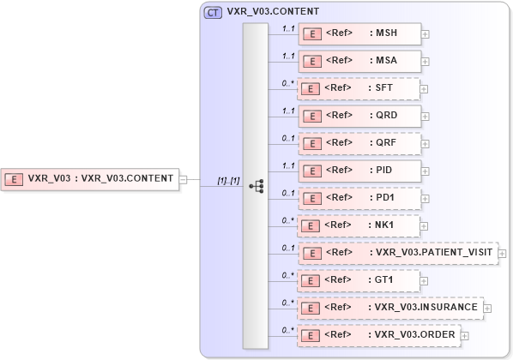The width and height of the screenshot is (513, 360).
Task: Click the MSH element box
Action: (x=359, y=33)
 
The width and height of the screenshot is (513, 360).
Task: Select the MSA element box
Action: (x=359, y=61)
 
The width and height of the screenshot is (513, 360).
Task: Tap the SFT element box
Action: (x=359, y=88)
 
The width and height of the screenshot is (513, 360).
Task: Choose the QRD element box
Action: (x=359, y=116)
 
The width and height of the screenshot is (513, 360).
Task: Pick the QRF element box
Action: (x=359, y=143)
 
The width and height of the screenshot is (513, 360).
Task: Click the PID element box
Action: (x=359, y=171)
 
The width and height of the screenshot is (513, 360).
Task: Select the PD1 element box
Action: (x=359, y=198)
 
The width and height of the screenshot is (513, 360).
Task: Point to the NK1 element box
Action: (x=359, y=225)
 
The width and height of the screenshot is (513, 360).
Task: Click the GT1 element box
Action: (x=359, y=280)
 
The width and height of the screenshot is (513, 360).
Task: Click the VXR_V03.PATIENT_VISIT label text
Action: (x=434, y=252)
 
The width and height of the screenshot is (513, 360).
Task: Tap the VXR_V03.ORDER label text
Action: (x=413, y=334)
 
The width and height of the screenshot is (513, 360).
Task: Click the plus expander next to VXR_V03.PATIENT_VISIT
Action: (x=503, y=254)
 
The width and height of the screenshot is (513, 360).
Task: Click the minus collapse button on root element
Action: (x=184, y=179)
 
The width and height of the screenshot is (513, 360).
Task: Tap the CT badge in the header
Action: (x=212, y=13)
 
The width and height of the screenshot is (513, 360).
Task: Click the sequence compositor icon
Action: (x=256, y=185)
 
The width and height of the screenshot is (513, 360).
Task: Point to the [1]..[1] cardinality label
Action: (x=228, y=180)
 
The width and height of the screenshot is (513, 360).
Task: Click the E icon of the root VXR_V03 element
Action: (x=15, y=179)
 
